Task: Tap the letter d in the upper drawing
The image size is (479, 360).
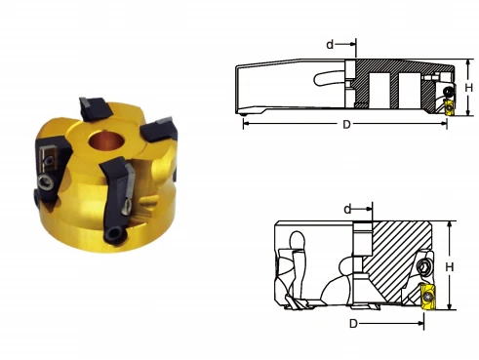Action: [330, 44]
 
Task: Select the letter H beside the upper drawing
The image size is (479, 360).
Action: [468, 88]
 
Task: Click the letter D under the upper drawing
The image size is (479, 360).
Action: [346, 124]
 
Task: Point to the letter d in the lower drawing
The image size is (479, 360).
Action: [347, 210]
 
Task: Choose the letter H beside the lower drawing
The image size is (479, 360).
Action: [450, 267]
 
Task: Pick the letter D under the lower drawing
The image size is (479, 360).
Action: [353, 324]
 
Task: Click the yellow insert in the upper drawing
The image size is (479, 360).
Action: [449, 106]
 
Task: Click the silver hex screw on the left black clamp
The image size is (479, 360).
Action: [45, 182]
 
